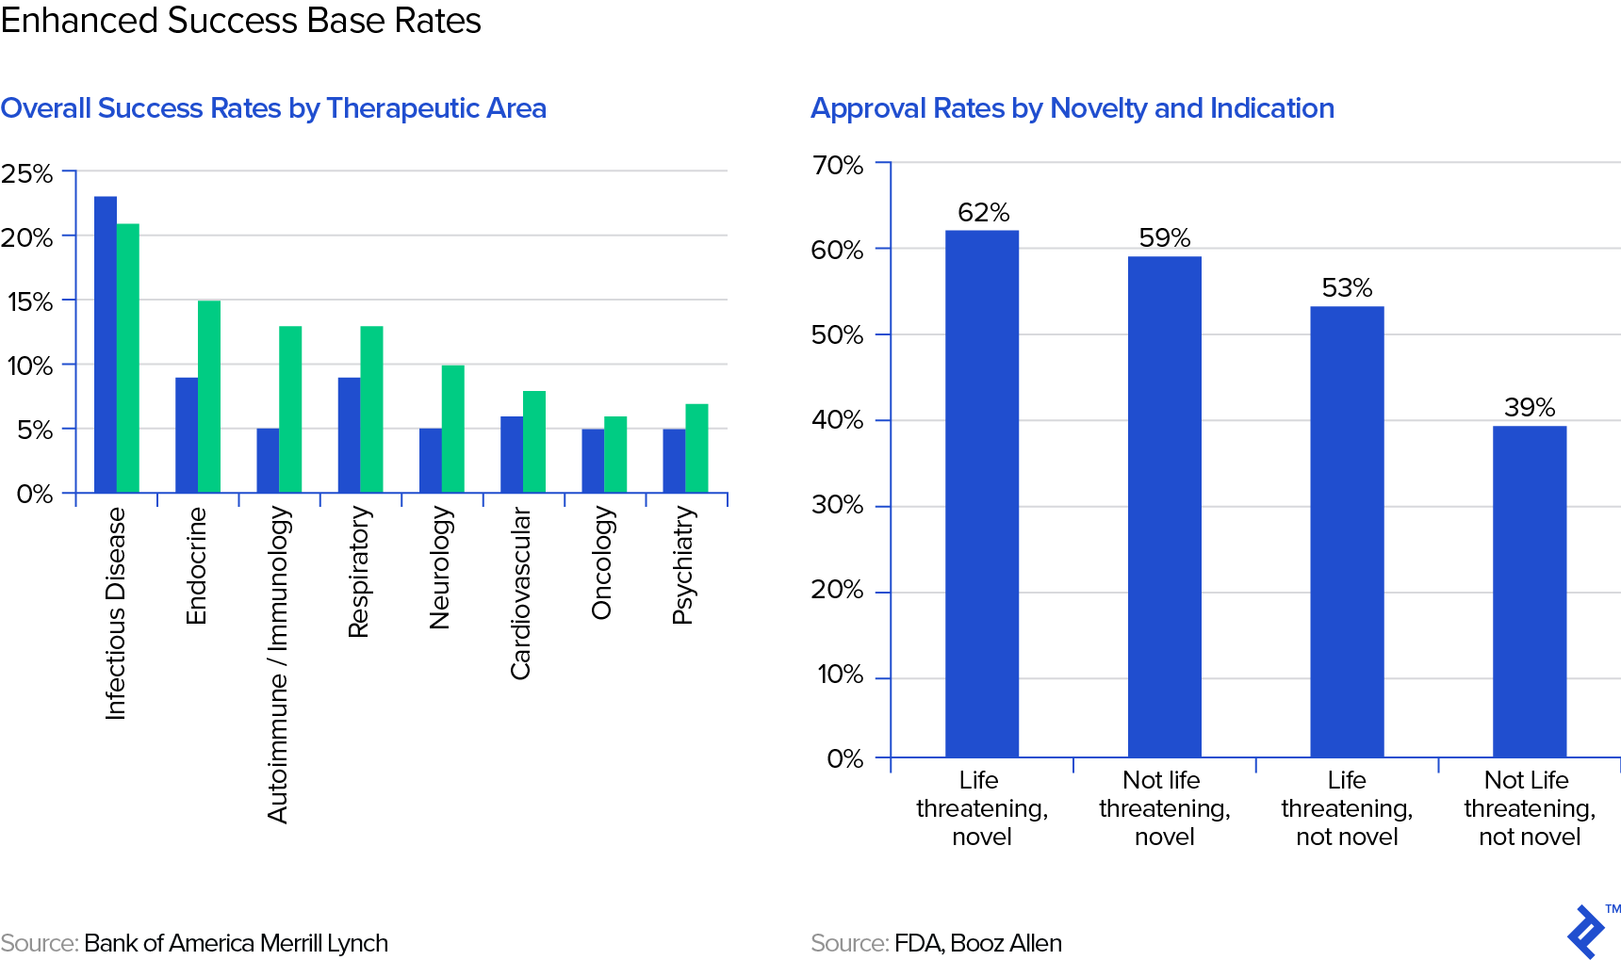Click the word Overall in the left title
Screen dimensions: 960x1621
[x=45, y=108]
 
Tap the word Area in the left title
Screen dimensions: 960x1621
[x=516, y=108]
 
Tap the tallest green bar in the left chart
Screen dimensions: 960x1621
[x=128, y=358]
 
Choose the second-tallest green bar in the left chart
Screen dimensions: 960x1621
[x=209, y=396]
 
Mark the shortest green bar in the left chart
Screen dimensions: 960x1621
[x=615, y=454]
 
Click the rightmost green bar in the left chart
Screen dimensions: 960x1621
[x=696, y=447]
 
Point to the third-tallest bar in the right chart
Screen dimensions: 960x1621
[x=1347, y=531]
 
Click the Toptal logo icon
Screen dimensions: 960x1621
[x=1586, y=933]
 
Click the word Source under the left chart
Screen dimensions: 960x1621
[x=39, y=943]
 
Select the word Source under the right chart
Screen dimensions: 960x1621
[x=849, y=943]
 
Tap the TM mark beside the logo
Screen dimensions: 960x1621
[x=1613, y=909]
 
